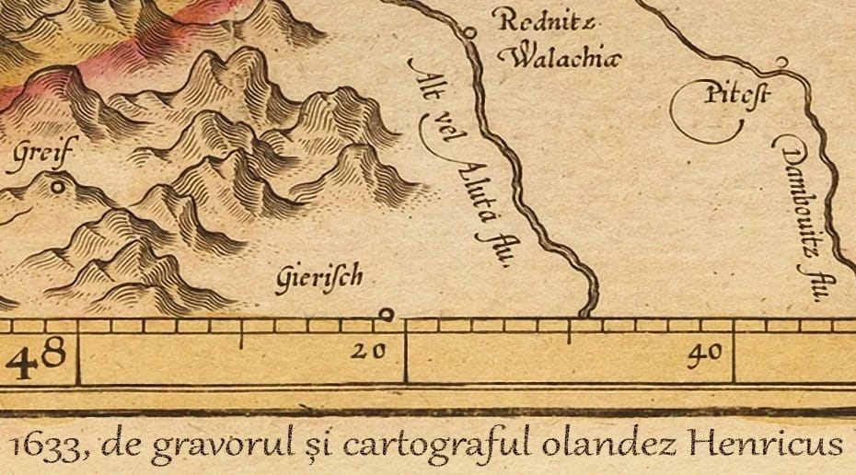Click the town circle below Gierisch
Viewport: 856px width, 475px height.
(387, 315)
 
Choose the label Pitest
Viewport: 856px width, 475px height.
(724, 94)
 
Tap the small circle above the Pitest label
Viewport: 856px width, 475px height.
(781, 62)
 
